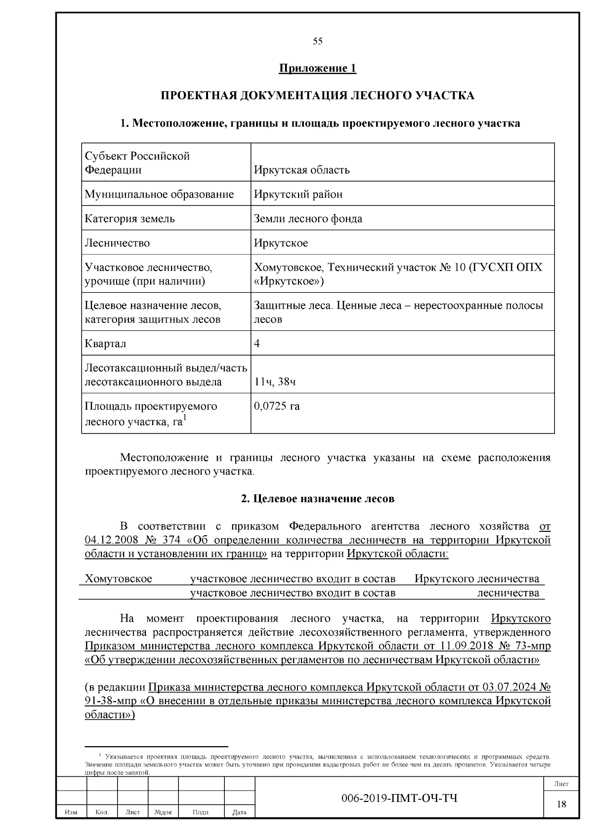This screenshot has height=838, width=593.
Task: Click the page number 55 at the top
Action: tap(317, 41)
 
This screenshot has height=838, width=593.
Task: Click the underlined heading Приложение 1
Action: tap(317, 68)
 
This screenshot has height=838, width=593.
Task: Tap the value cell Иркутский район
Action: tap(298, 194)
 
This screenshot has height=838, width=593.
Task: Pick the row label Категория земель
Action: tap(129, 218)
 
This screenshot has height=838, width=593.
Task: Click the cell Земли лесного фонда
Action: tap(308, 218)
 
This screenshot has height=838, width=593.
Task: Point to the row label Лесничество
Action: tap(117, 243)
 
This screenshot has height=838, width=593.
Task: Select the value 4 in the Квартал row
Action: tap(257, 343)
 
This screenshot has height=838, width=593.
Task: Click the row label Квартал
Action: tap(105, 343)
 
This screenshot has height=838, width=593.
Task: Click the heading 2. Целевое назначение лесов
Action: tap(317, 498)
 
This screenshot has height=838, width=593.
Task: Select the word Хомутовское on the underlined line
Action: tap(119, 578)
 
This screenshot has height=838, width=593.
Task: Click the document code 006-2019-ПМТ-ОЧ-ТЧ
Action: tap(399, 798)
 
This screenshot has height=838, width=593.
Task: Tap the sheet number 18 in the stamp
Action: tap(561, 804)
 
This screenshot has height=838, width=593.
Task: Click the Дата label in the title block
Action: tap(239, 812)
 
